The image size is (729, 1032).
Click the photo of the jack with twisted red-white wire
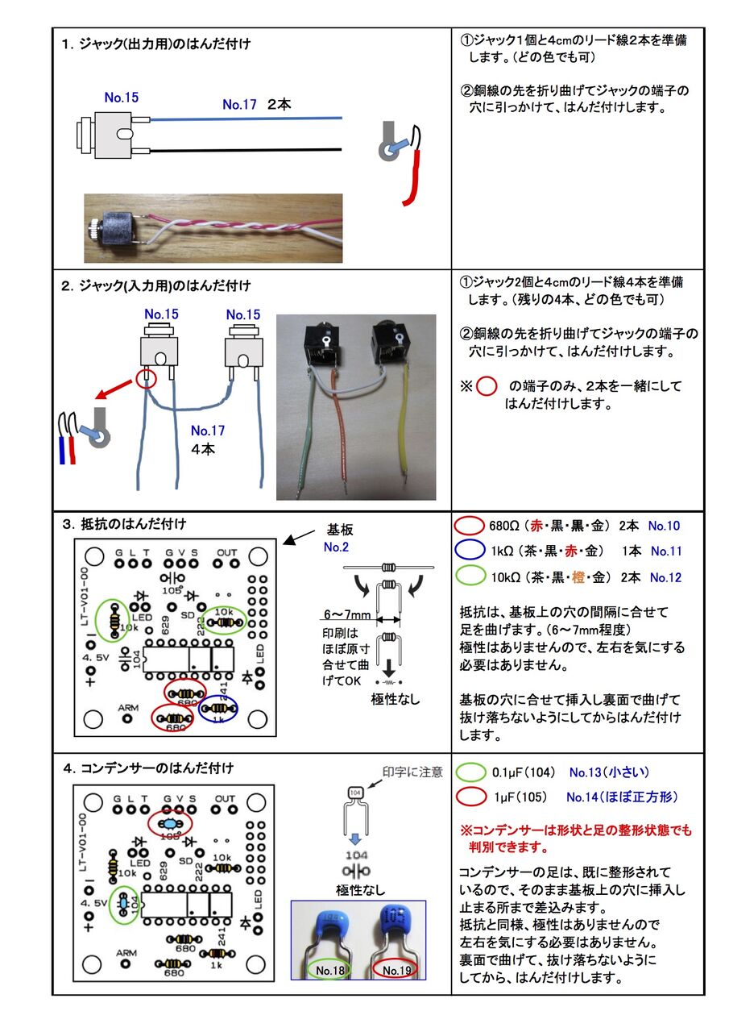click(213, 228)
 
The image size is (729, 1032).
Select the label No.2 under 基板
click(335, 547)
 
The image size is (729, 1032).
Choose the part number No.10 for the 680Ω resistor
click(664, 526)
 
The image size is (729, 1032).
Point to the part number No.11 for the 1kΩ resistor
click(665, 551)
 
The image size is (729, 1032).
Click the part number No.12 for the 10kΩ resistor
click(665, 577)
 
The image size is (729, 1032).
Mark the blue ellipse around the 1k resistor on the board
click(218, 710)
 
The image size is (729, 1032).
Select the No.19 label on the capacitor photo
click(398, 970)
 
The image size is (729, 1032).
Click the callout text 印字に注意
click(412, 772)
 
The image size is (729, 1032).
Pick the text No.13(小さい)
click(609, 772)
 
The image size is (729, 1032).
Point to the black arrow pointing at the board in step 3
click(300, 538)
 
